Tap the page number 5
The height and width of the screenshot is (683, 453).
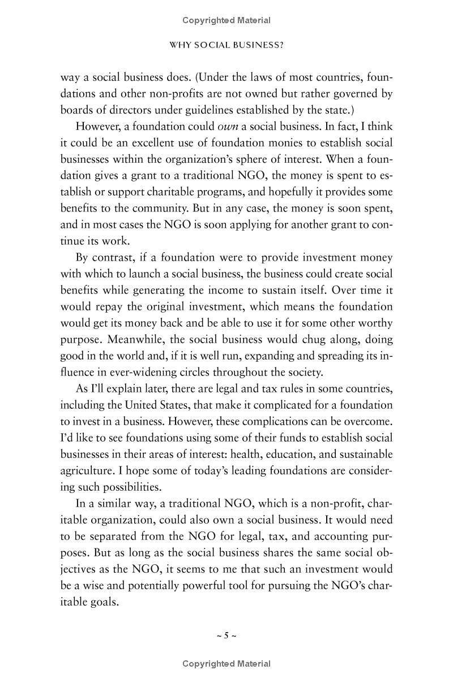pyautogui.click(x=226, y=636)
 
